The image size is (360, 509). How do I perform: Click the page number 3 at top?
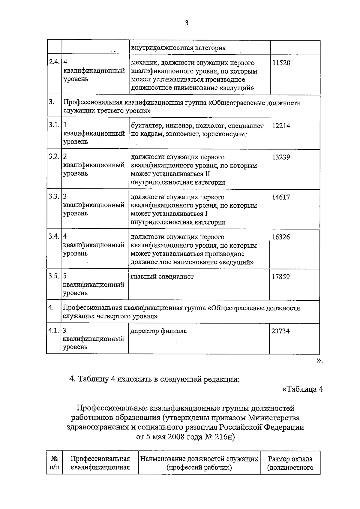click(187, 23)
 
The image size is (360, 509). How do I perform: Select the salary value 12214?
click(281, 126)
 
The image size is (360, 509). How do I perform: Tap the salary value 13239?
click(281, 157)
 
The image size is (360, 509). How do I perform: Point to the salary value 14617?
click(281, 197)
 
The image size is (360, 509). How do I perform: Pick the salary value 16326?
click(281, 237)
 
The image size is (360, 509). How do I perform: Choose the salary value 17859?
click(280, 277)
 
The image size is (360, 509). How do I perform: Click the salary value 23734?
click(280, 331)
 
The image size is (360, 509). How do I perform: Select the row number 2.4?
click(54, 62)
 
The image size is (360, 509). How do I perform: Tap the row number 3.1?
click(54, 125)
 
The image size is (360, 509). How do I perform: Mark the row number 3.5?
click(54, 276)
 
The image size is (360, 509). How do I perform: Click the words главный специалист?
click(162, 277)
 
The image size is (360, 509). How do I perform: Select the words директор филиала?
click(159, 331)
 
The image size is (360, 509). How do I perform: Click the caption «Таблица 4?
click(303, 389)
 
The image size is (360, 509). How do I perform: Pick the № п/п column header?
click(54, 463)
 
